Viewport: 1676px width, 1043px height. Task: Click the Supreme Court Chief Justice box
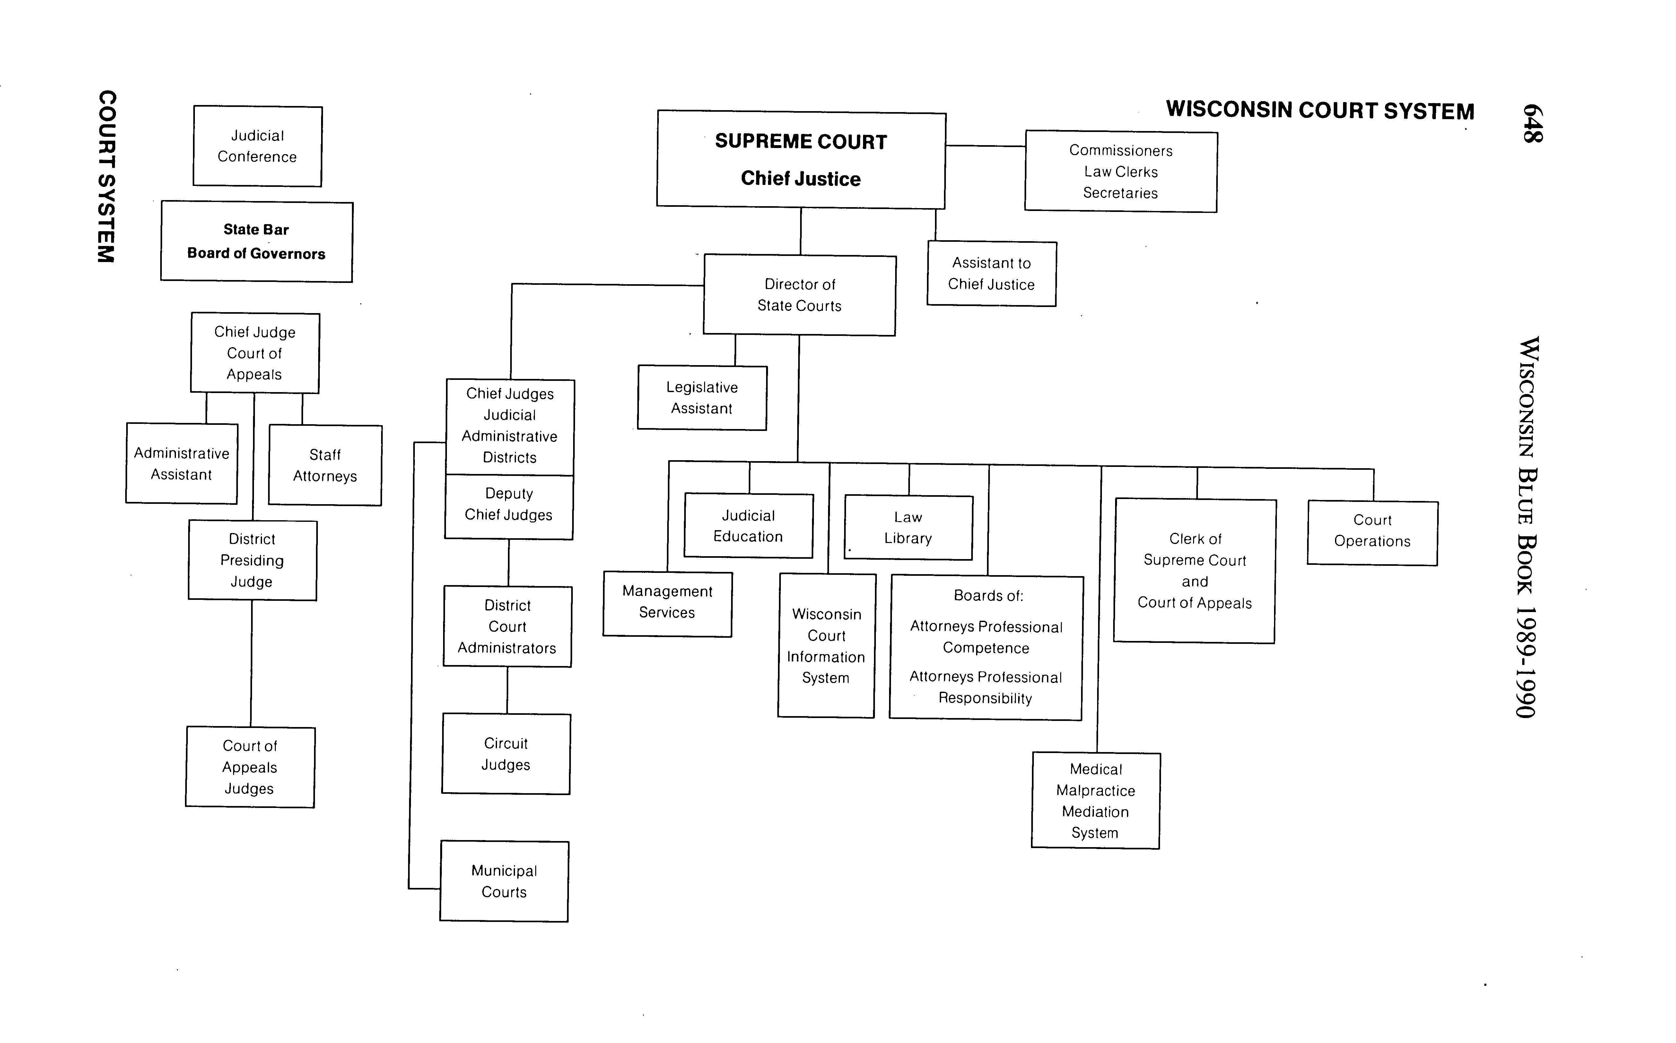pyautogui.click(x=801, y=159)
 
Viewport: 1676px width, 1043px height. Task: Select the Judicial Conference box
pyautogui.click(x=257, y=146)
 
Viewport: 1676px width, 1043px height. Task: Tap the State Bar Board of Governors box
pyautogui.click(x=257, y=241)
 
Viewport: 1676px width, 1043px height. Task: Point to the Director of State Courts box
pyautogui.click(x=799, y=295)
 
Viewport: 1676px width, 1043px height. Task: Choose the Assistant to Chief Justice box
pyautogui.click(x=991, y=274)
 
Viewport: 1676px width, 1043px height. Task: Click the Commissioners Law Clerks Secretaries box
pyautogui.click(x=1121, y=172)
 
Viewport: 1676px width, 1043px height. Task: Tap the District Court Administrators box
pyautogui.click(x=508, y=627)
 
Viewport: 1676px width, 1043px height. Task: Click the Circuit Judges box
pyautogui.click(x=506, y=754)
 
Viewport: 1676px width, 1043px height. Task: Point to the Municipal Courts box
pyautogui.click(x=504, y=881)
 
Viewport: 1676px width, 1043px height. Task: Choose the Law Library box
pyautogui.click(x=908, y=528)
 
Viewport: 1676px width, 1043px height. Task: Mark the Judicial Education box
pyautogui.click(x=748, y=526)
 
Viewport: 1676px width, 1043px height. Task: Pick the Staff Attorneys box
pyautogui.click(x=325, y=466)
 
